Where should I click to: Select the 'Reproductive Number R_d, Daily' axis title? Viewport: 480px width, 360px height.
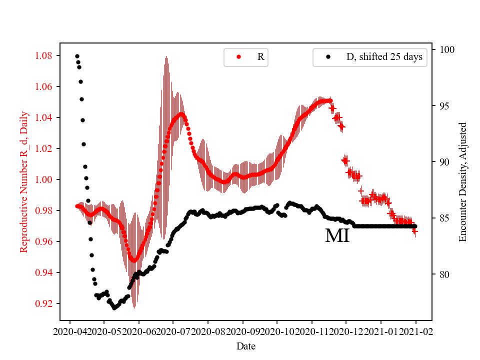click(23, 181)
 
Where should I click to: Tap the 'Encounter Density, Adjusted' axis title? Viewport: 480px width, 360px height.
click(462, 181)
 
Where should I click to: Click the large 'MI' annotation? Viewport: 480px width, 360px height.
click(337, 235)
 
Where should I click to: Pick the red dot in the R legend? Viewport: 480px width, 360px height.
click(238, 57)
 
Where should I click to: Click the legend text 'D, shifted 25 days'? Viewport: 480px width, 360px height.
click(384, 57)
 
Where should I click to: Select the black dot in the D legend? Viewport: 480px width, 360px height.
click(328, 57)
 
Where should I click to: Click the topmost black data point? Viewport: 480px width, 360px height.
click(77, 56)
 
